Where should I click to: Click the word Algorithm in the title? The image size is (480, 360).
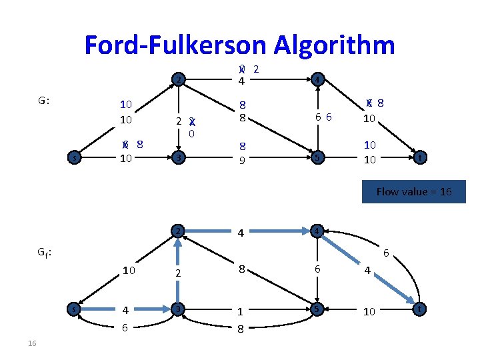pos(331,45)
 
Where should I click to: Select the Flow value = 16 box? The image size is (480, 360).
pos(413,191)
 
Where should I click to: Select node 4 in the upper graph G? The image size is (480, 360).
pos(317,80)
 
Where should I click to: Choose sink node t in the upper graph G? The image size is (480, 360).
pos(419,158)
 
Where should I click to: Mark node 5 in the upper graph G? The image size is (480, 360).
pos(317,158)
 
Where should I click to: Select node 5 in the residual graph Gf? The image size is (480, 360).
pos(317,309)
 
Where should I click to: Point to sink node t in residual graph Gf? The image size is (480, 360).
pos(419,309)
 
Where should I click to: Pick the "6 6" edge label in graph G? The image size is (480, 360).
pos(324,117)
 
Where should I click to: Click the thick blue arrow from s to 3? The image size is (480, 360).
pos(127,309)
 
